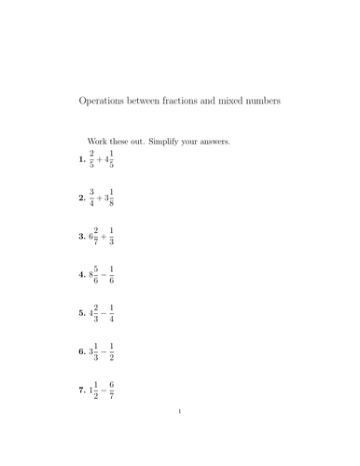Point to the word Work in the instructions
tap(97, 142)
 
